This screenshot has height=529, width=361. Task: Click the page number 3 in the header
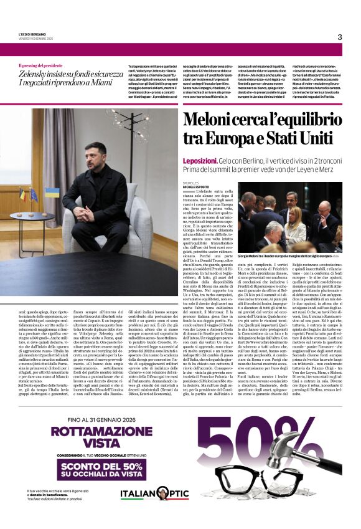tap(340, 37)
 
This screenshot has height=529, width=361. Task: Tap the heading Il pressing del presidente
tap(44, 65)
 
